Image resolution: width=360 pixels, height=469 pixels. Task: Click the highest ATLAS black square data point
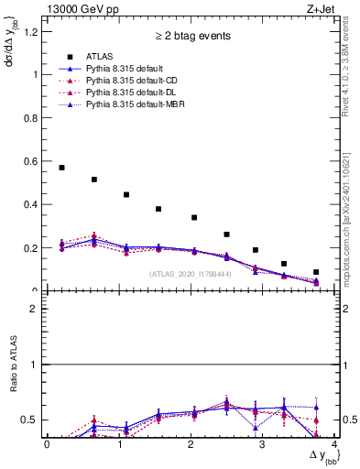tap(61, 168)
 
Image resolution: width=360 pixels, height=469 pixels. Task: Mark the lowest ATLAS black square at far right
tap(316, 272)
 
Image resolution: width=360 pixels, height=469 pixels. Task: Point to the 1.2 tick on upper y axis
tap(33, 31)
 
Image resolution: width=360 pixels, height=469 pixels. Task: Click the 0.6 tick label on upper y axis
tap(33, 161)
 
